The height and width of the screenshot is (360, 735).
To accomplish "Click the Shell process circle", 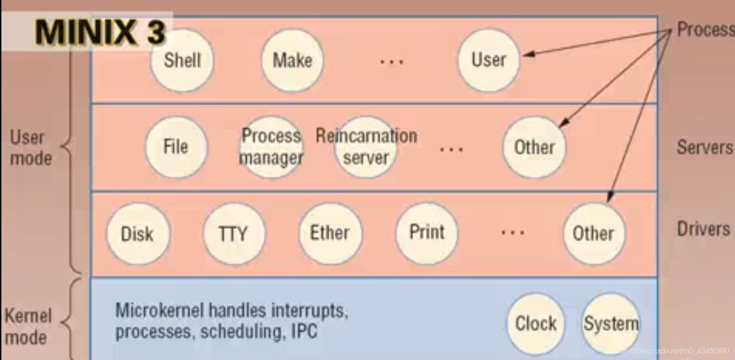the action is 182,61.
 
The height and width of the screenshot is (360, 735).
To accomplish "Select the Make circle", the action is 292,60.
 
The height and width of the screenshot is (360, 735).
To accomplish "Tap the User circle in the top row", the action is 489,60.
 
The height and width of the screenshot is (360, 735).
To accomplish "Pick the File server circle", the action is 176,147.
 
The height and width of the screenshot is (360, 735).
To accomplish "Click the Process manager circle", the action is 271,147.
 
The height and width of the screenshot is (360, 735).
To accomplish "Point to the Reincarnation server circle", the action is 366,147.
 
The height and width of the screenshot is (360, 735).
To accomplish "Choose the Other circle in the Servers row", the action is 534,147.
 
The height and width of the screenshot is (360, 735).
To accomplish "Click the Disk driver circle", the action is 138,234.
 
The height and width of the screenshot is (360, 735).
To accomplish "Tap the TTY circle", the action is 234,234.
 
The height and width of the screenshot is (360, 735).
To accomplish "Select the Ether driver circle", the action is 330,233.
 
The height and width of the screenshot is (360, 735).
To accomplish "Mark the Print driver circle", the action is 427,233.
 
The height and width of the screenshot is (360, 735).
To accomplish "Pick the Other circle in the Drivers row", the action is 593,233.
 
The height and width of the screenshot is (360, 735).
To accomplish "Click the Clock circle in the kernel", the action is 536,323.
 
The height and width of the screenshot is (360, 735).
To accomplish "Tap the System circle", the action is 611,323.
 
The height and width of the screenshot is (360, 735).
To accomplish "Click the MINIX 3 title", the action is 100,32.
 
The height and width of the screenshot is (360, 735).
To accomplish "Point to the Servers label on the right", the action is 705,147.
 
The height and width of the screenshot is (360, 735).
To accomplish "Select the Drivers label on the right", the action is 704,229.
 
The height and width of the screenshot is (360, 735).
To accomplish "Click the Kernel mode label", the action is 28,327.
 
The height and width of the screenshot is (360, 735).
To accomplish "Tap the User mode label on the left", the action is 30,148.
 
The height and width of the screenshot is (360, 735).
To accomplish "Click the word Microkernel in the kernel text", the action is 159,311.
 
